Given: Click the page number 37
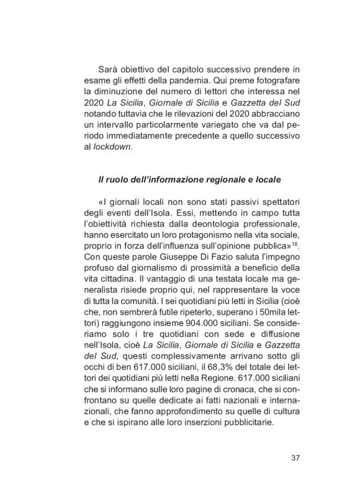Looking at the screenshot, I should (295, 459).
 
